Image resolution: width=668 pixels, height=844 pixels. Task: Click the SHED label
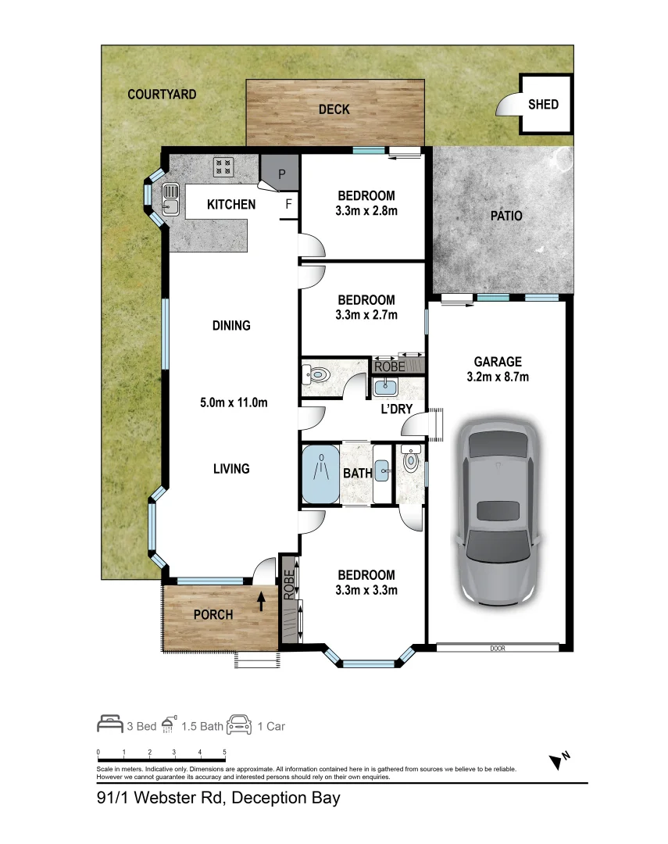click(x=542, y=105)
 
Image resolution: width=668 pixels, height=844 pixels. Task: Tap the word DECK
click(x=334, y=109)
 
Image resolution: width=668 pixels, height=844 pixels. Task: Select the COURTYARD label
click(x=162, y=95)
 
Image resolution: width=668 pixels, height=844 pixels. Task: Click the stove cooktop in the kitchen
click(x=223, y=167)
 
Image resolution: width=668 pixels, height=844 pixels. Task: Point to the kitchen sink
click(x=170, y=199)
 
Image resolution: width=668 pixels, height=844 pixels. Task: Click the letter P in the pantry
click(x=281, y=174)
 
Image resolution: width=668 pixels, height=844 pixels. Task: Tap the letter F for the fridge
click(x=288, y=204)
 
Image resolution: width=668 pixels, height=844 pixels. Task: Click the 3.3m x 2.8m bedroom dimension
click(x=366, y=211)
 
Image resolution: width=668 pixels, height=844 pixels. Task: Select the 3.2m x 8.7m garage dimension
click(x=498, y=377)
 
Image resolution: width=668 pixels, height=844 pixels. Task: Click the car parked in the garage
click(x=498, y=511)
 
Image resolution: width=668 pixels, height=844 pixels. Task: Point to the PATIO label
click(x=506, y=216)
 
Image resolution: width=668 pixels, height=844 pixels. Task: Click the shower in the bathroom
click(x=321, y=473)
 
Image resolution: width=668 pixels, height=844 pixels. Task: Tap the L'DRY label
click(x=396, y=409)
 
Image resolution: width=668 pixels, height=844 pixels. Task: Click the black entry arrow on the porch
click(x=262, y=601)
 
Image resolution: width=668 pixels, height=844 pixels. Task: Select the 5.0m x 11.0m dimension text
click(x=234, y=402)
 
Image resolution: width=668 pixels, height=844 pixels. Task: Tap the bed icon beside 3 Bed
click(x=110, y=724)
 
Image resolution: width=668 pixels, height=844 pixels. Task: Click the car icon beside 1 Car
click(x=239, y=724)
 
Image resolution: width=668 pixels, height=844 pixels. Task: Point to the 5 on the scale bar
click(x=224, y=752)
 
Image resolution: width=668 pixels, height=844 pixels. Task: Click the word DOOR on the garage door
click(x=498, y=648)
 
